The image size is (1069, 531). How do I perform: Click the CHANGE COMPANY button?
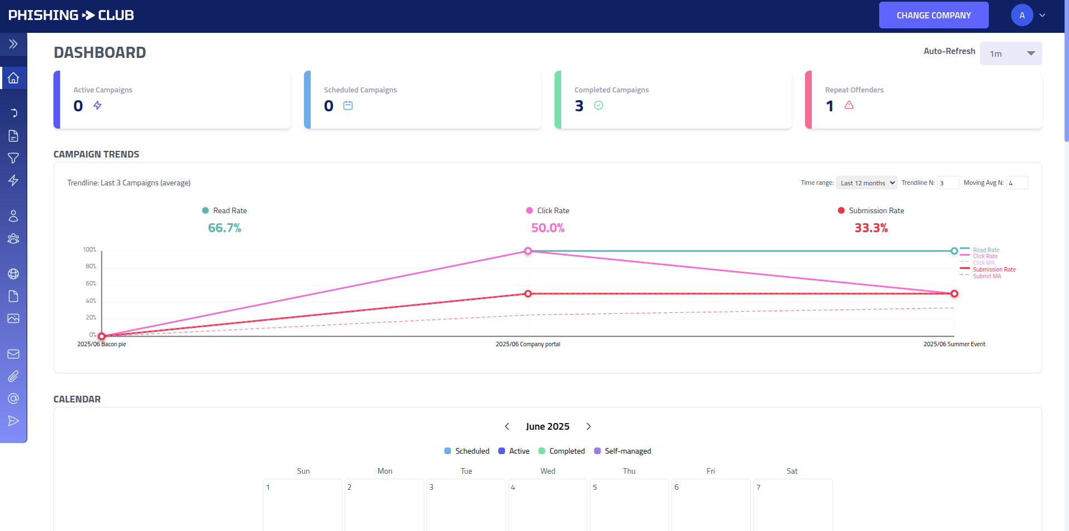point(933,15)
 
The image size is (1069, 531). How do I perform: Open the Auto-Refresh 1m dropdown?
point(1010,53)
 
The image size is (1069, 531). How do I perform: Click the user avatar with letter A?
point(1022,15)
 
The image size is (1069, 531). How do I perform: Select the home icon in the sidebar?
point(13,78)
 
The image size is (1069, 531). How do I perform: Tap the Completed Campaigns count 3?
point(579,106)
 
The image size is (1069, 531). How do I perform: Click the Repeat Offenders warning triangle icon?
point(849,105)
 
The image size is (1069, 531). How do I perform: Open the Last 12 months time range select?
point(866,183)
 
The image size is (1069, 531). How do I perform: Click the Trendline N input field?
point(947,183)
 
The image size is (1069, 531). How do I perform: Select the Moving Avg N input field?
point(1016,183)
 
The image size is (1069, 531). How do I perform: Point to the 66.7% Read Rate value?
point(224,228)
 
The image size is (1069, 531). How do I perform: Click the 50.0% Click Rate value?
point(547,228)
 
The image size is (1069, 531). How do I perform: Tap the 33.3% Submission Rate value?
point(871,228)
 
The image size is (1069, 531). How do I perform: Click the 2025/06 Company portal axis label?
point(528,344)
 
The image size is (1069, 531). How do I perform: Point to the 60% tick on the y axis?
point(91,283)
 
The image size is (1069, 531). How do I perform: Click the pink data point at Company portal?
point(528,251)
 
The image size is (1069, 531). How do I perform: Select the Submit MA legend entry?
point(987,276)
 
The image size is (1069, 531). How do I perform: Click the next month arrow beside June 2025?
point(589,426)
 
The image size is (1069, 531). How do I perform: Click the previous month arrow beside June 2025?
point(507,426)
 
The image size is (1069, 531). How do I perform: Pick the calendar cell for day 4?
point(547,504)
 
